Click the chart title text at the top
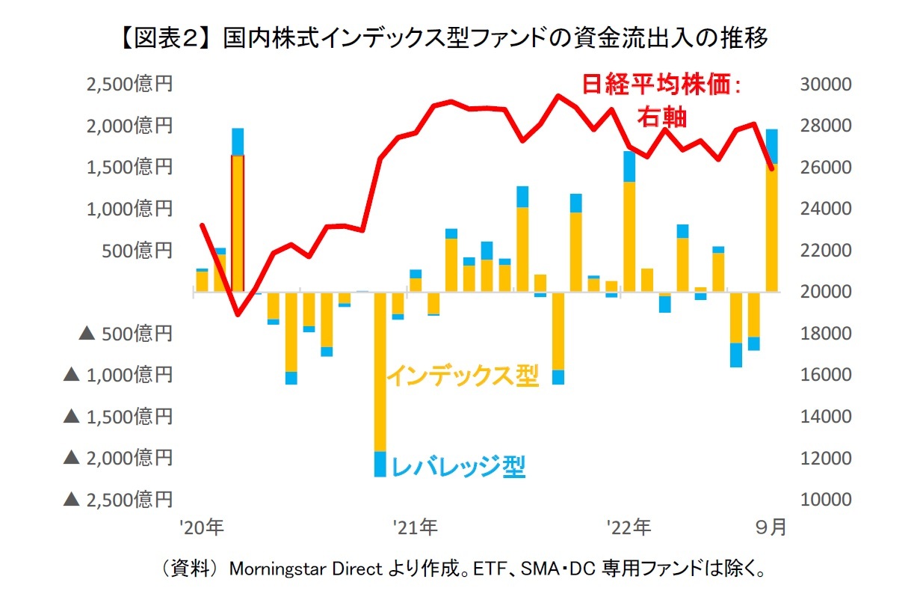point(461,37)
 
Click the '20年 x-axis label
point(203,527)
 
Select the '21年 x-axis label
point(416,527)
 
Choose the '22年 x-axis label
point(629,527)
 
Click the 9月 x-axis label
point(771,527)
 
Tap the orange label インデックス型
point(462,375)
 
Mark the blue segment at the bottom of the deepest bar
point(380,464)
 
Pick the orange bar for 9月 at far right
point(771,227)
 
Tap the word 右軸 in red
point(661,117)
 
